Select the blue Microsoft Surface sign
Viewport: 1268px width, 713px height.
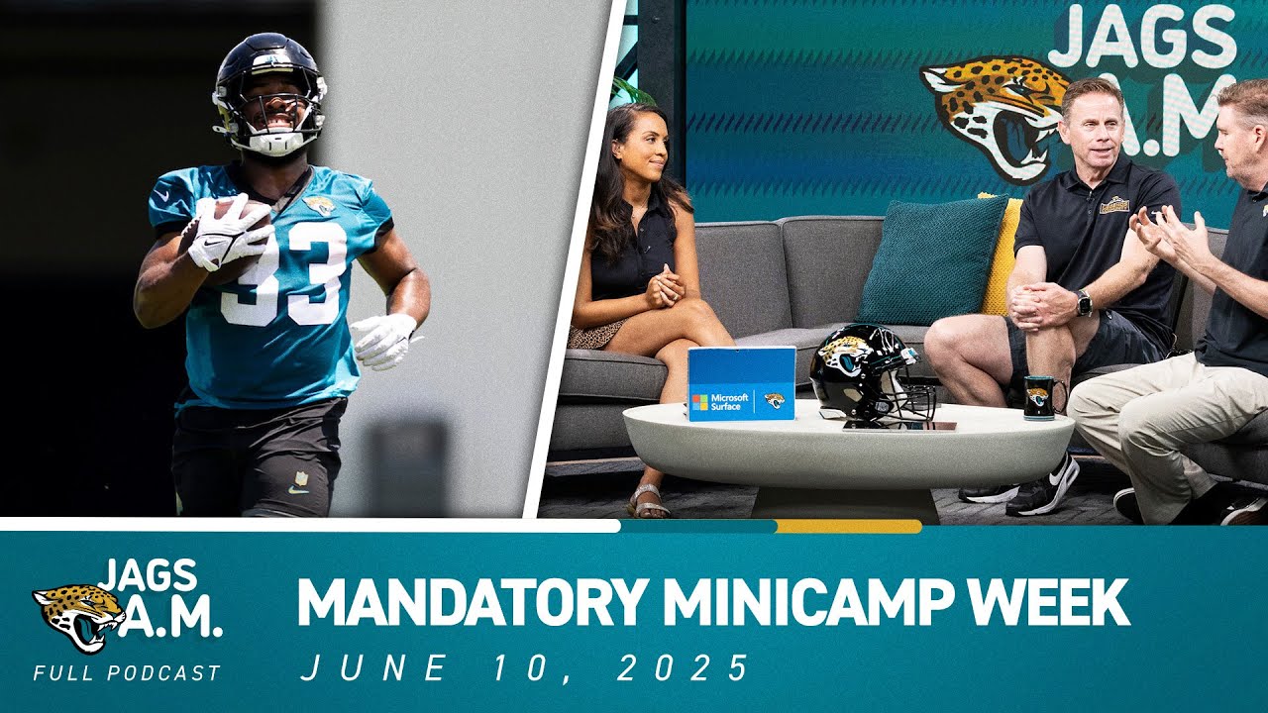coord(740,384)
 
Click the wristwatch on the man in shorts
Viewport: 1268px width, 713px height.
coord(1083,303)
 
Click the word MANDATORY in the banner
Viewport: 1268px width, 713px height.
coord(472,601)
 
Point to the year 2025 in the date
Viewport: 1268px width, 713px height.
coord(683,668)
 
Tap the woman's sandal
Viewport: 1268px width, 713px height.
coord(648,502)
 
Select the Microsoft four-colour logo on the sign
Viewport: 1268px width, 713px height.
coord(700,402)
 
